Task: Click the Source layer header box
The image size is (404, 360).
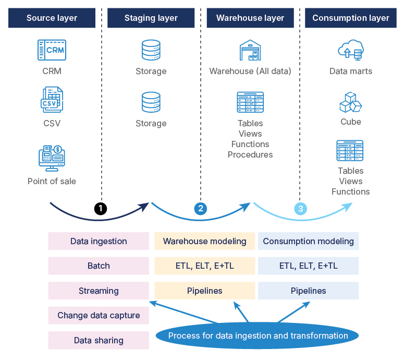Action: [52, 18]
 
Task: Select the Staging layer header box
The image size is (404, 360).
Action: [151, 18]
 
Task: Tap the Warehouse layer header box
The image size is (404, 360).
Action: [250, 18]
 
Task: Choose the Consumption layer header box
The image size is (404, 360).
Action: [350, 18]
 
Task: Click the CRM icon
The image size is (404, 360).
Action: [52, 50]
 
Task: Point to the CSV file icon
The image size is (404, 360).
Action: [52, 100]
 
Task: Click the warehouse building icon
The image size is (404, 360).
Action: [250, 50]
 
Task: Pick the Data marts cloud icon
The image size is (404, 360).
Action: [350, 50]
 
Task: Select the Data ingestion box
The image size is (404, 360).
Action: [99, 241]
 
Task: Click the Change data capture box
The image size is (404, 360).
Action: [99, 316]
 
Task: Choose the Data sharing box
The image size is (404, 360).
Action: [99, 340]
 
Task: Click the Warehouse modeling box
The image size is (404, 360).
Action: [204, 241]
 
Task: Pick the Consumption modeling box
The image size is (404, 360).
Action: [308, 241]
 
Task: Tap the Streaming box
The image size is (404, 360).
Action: [99, 291]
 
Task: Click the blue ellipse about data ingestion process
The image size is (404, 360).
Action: [258, 336]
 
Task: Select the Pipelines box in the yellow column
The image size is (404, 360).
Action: [204, 291]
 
